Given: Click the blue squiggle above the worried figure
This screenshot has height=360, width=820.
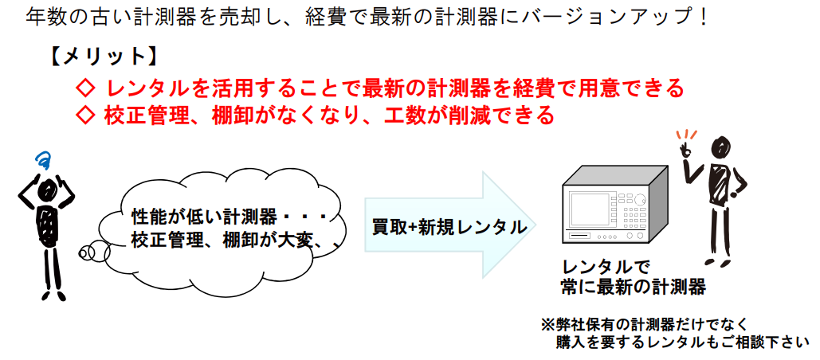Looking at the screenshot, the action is [x=43, y=159].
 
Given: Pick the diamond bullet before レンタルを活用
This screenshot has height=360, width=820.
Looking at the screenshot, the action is [x=85, y=88].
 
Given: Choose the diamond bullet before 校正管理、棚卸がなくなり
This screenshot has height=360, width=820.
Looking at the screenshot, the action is [x=85, y=115].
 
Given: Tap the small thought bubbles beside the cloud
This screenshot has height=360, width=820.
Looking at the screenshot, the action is [x=94, y=253].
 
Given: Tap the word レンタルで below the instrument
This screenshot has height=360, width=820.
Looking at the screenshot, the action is [x=605, y=268].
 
